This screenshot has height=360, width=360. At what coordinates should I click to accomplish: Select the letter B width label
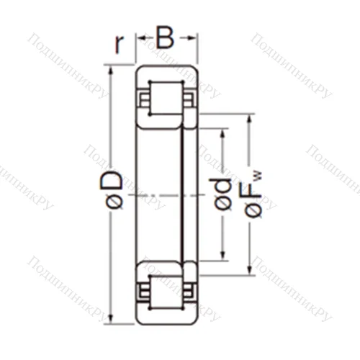tap(166, 37)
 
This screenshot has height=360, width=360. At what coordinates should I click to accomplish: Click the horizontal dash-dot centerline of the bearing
tap(162, 193)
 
